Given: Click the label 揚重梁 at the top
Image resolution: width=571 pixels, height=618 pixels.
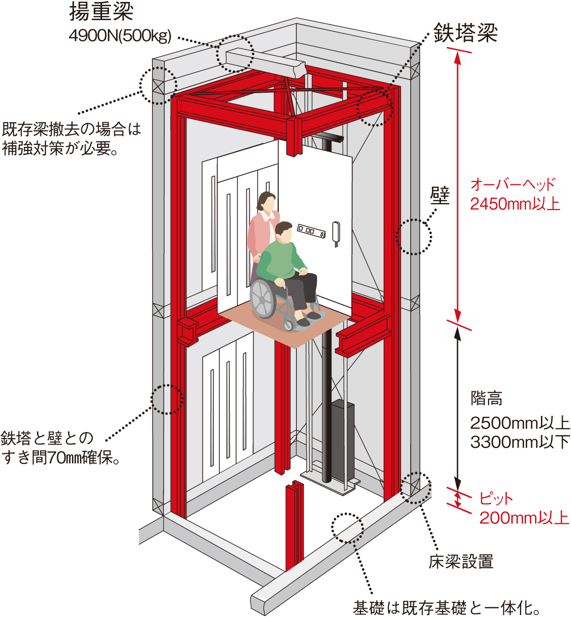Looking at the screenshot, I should [x=101, y=12].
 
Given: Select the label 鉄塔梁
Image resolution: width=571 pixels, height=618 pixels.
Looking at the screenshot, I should [x=465, y=33].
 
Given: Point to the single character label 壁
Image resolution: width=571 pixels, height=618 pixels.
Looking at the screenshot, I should [x=440, y=195].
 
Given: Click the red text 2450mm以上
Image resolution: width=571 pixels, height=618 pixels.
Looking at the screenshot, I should [x=515, y=204].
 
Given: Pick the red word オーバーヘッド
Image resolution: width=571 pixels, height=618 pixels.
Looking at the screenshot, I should [x=513, y=184].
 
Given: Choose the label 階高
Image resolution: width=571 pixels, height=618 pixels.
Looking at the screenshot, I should [x=486, y=398].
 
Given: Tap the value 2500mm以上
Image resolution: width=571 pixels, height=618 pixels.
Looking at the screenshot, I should [x=520, y=423].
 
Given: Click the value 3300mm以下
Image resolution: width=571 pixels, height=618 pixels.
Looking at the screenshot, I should [x=520, y=442].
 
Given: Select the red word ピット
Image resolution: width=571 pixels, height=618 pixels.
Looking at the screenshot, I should [x=496, y=499].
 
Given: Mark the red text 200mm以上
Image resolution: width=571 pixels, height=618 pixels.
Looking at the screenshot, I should [x=524, y=518].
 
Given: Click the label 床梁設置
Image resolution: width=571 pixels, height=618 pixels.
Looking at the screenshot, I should [x=461, y=561].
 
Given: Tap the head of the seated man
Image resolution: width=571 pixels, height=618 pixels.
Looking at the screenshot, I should [x=284, y=232].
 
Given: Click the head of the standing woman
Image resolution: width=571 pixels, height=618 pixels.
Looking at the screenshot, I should [x=267, y=202].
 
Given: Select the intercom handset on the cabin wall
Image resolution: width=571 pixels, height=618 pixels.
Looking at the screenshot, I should [x=337, y=233].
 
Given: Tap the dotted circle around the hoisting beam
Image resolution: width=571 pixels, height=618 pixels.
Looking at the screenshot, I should [x=235, y=54].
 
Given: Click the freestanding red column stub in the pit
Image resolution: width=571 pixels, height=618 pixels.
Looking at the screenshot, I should [x=294, y=525].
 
